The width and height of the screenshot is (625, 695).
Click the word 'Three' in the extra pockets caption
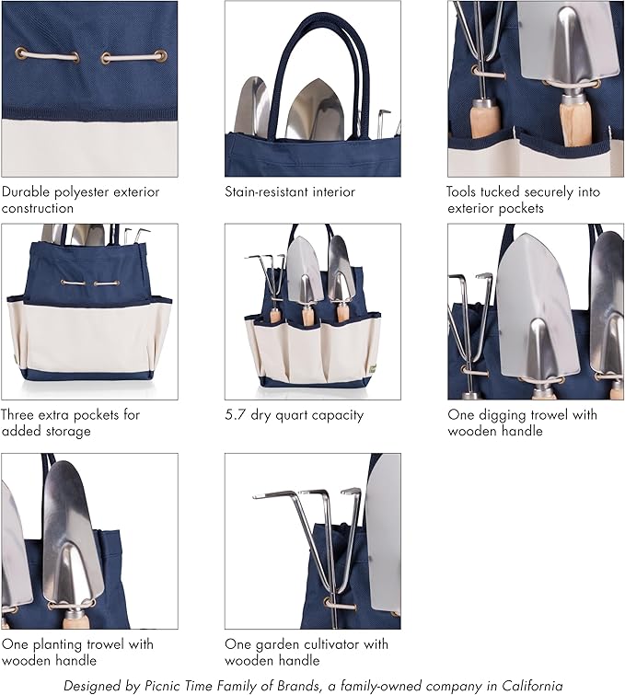tap(17, 415)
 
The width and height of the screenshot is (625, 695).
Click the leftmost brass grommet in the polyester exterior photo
tap(20, 54)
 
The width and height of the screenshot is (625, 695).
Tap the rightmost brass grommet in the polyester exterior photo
tap(161, 56)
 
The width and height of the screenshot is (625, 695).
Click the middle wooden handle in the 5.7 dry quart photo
tap(307, 317)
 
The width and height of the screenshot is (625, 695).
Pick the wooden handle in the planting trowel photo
tap(76, 620)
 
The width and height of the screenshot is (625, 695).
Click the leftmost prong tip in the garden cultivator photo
tap(254, 497)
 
